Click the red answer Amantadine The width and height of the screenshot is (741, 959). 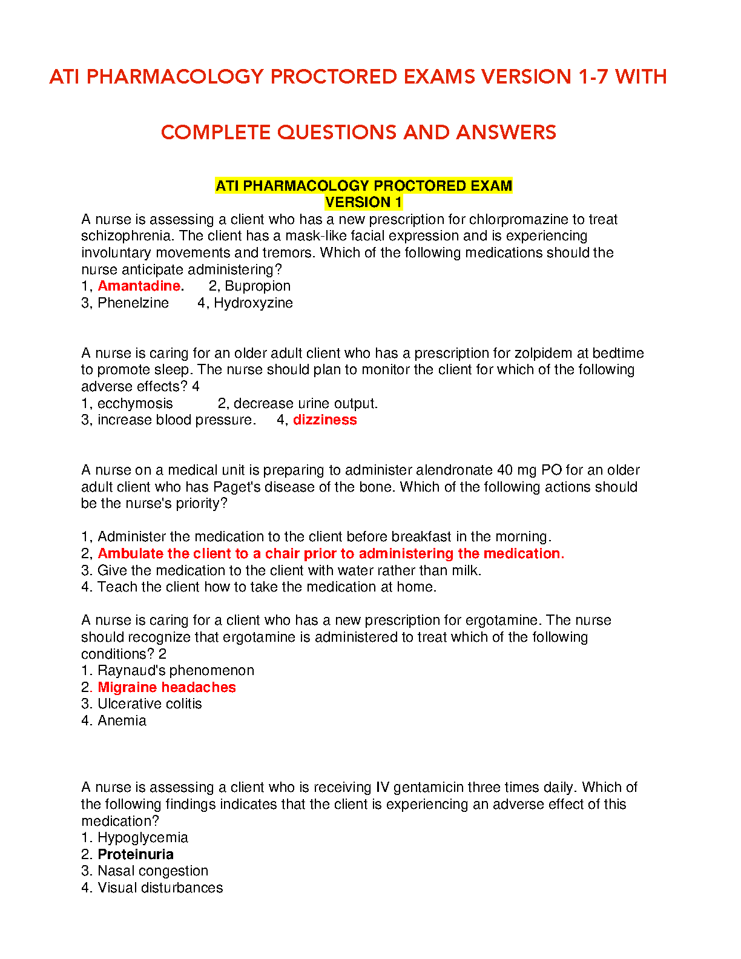point(139,286)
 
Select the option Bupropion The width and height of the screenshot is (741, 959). point(257,286)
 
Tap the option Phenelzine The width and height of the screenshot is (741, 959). point(133,303)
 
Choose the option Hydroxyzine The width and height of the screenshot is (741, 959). point(253,303)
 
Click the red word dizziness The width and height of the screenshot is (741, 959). point(324,420)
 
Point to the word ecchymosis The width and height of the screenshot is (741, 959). point(135,403)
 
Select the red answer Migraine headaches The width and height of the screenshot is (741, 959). point(166,687)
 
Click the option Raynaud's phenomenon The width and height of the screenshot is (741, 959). point(176,670)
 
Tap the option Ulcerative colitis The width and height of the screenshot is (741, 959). point(150,704)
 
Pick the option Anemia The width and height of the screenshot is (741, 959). point(122,720)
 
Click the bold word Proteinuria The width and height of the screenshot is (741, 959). point(136,854)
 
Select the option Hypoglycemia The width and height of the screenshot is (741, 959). point(142,837)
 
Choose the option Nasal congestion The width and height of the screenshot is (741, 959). point(153,871)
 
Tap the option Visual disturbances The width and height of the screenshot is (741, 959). point(160,888)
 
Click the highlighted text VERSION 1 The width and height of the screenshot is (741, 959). point(363,202)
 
